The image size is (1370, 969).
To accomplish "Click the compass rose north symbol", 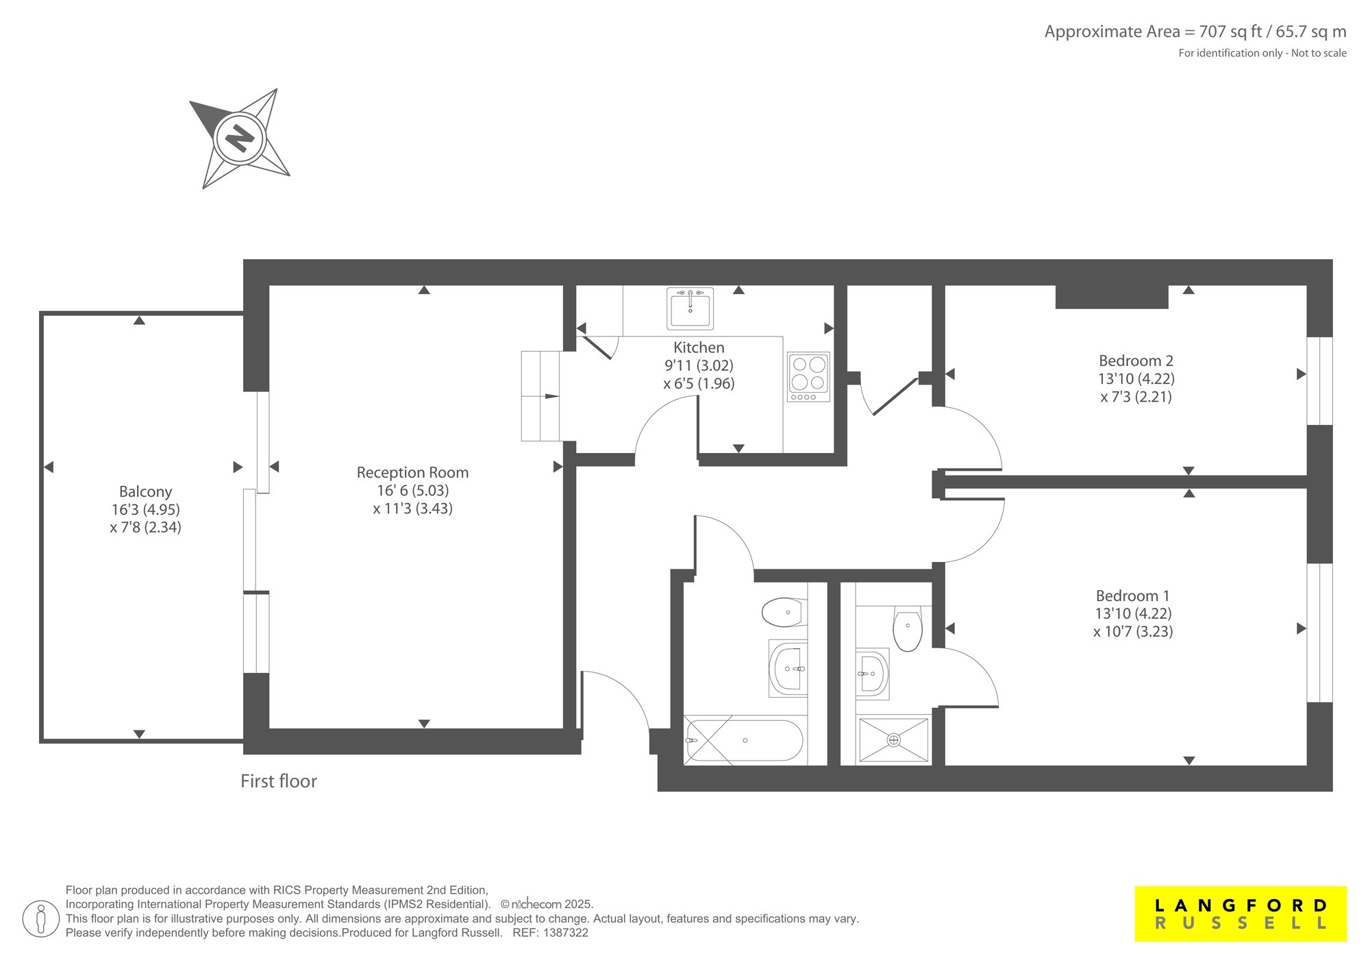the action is pyautogui.click(x=240, y=138).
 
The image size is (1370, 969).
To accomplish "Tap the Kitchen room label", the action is pyautogui.click(x=699, y=347).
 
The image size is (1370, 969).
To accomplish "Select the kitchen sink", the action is pyautogui.click(x=690, y=308).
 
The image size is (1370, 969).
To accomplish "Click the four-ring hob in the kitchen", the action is pyautogui.click(x=808, y=377).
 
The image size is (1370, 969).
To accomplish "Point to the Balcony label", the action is pyautogui.click(x=145, y=491).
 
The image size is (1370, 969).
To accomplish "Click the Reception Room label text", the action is pyautogui.click(x=412, y=472).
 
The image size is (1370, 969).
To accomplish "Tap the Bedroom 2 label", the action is pyautogui.click(x=1136, y=360).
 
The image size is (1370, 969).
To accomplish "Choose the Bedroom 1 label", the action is pyautogui.click(x=1133, y=596).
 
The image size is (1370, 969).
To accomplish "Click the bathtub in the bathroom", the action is pyautogui.click(x=744, y=741).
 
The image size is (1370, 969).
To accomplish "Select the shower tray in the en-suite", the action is pyautogui.click(x=893, y=739).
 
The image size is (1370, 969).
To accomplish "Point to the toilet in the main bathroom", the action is pyautogui.click(x=785, y=612).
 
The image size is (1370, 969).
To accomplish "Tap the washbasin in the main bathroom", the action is pyautogui.click(x=788, y=668).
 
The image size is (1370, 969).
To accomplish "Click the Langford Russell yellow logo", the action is pyautogui.click(x=1241, y=913).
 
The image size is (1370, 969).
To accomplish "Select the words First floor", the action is pyautogui.click(x=279, y=781).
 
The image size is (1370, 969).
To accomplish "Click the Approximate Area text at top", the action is pyautogui.click(x=1195, y=32).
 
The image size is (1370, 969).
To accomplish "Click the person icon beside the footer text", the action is pyautogui.click(x=41, y=918).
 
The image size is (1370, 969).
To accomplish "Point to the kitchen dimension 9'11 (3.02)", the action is pyautogui.click(x=699, y=365).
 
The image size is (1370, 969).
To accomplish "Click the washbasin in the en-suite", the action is pyautogui.click(x=872, y=673).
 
